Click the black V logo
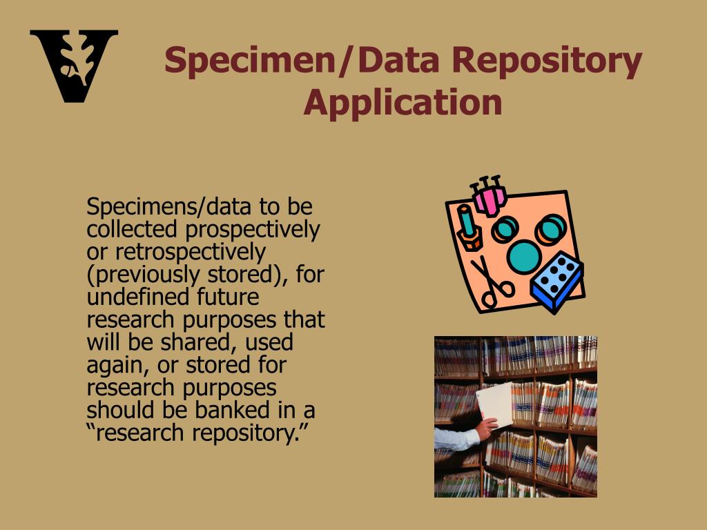(73, 66)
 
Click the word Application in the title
(403, 102)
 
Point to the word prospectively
(260, 228)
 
